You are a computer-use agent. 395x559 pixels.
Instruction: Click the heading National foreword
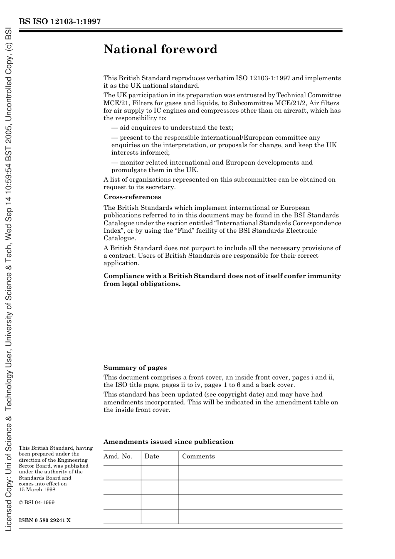(160, 49)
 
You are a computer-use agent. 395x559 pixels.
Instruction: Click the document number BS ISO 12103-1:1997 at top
(59, 22)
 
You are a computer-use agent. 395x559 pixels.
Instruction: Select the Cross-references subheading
(132, 197)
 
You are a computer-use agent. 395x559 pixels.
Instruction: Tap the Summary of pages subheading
(135, 368)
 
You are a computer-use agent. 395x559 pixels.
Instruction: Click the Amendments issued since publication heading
(168, 442)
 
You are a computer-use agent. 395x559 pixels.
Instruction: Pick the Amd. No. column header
(118, 456)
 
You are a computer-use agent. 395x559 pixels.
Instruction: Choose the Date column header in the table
(151, 456)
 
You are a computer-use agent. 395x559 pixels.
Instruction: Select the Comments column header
(198, 456)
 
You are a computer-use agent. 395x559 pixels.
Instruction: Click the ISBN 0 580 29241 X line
(45, 520)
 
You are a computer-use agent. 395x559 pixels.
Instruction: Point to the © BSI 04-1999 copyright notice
(37, 502)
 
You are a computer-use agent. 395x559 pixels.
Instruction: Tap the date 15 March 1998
(37, 490)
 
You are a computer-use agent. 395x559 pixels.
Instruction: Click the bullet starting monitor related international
(212, 163)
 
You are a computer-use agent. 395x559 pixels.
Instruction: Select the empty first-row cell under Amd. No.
(122, 473)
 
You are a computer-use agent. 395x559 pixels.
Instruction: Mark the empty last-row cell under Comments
(260, 517)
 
